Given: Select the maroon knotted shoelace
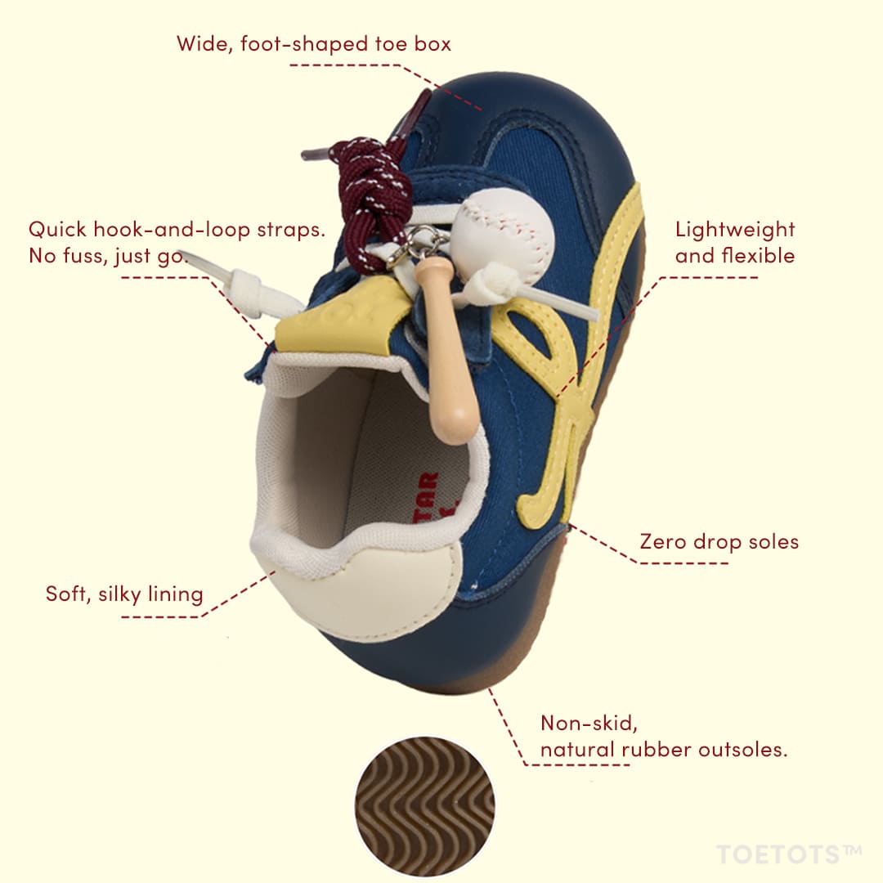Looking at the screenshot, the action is (x=369, y=197).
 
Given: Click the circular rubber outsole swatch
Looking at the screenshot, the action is (x=425, y=806).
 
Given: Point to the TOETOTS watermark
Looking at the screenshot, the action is (x=789, y=854).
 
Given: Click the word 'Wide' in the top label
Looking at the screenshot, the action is (x=204, y=44).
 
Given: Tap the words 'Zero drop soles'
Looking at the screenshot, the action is (x=719, y=542).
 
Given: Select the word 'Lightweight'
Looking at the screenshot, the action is (x=735, y=231).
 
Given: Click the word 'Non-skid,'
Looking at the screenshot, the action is (x=589, y=723).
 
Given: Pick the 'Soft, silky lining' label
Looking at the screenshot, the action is (x=124, y=594).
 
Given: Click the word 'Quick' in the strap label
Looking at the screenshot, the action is (x=57, y=230).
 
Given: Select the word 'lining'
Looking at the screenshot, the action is (x=175, y=594).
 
